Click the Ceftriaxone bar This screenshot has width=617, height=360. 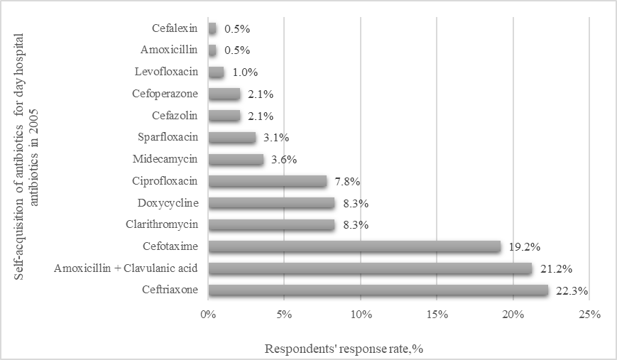click(x=378, y=290)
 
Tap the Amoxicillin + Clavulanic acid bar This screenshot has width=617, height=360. click(x=369, y=268)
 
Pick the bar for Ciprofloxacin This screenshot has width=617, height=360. click(x=267, y=181)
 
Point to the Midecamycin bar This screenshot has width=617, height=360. click(x=236, y=159)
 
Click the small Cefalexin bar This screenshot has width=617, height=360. click(x=212, y=29)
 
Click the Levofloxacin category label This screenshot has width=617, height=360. click(x=166, y=72)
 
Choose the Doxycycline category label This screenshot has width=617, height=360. click(x=168, y=203)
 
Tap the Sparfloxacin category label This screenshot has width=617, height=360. click(x=165, y=137)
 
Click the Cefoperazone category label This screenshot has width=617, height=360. click(x=165, y=94)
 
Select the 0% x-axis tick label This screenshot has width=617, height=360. click(x=207, y=314)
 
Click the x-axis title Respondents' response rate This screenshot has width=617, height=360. click(x=344, y=349)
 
